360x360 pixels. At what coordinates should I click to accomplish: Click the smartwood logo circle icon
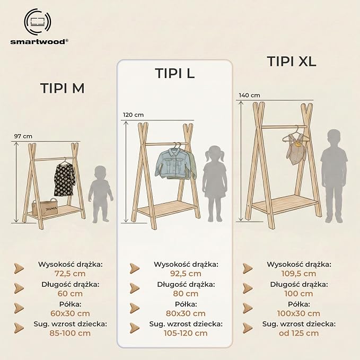tap(38, 22)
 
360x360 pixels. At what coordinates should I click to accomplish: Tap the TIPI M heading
tap(63, 88)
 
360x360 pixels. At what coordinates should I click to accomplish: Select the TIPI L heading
tap(175, 73)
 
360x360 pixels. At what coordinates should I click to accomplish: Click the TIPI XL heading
tap(292, 62)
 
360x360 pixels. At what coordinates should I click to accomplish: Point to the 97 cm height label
tap(23, 136)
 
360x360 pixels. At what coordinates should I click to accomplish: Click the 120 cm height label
tap(133, 115)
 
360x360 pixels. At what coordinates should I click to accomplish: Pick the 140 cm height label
tap(249, 95)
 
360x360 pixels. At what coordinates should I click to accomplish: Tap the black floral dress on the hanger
tap(64, 178)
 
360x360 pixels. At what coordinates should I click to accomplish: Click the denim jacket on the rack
tap(175, 163)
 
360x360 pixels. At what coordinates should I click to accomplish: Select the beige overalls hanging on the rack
tap(296, 149)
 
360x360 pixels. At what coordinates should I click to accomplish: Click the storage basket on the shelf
tap(45, 207)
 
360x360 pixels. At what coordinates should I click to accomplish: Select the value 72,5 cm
tap(70, 274)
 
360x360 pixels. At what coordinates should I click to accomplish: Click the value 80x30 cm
tap(186, 313)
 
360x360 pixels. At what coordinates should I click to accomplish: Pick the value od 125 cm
tap(298, 333)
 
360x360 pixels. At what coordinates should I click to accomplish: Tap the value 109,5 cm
tap(298, 274)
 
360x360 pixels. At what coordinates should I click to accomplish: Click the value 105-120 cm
tap(186, 333)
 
